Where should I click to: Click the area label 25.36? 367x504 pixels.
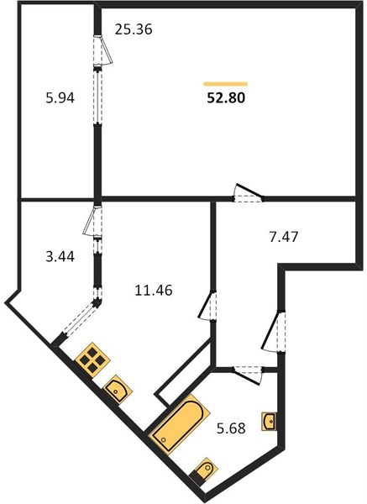[x=134, y=29]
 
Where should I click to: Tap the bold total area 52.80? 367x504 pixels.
[x=226, y=97]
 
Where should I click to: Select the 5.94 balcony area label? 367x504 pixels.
[x=60, y=97]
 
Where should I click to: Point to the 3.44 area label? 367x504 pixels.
[x=60, y=256]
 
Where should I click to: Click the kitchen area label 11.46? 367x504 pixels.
[x=154, y=291]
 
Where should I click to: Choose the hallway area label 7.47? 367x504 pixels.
[x=284, y=237]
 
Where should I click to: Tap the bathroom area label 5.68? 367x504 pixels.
[x=231, y=428]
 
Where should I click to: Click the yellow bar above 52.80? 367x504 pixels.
[x=226, y=84]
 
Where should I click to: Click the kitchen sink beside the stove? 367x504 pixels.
[x=118, y=389]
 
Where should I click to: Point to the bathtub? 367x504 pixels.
[x=180, y=424]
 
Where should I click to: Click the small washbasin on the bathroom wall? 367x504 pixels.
[x=270, y=422]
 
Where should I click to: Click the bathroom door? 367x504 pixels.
[x=248, y=375]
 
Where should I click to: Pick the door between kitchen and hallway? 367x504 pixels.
[x=207, y=305]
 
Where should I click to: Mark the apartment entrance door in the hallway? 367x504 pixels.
[x=274, y=331]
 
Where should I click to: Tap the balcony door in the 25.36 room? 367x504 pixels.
[x=102, y=50]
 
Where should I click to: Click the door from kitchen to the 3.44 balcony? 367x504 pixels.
[x=92, y=221]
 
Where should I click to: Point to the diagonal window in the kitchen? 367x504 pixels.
[x=80, y=318]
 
